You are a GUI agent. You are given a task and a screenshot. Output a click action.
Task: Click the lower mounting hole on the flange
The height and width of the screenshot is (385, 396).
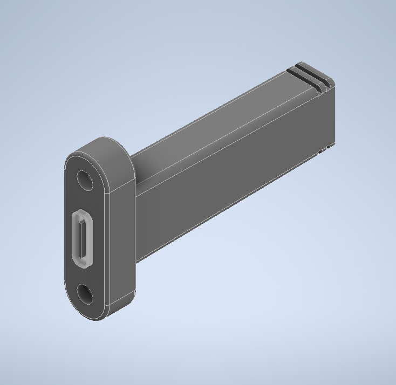click(x=85, y=294)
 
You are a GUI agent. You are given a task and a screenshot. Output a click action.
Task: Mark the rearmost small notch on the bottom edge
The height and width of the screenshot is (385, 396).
click(x=330, y=146)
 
